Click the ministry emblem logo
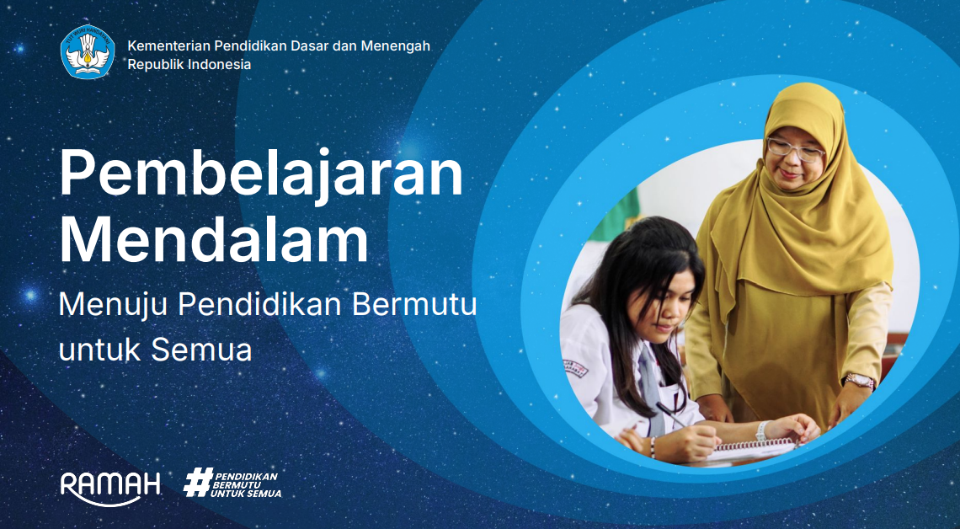click(88, 52)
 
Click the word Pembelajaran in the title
click(261, 174)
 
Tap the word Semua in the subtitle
click(200, 350)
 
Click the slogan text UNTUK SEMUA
click(246, 494)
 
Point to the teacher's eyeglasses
click(795, 150)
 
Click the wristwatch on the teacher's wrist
click(860, 381)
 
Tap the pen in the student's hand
click(671, 414)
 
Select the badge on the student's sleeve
click(575, 368)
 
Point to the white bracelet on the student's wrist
click(761, 430)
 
